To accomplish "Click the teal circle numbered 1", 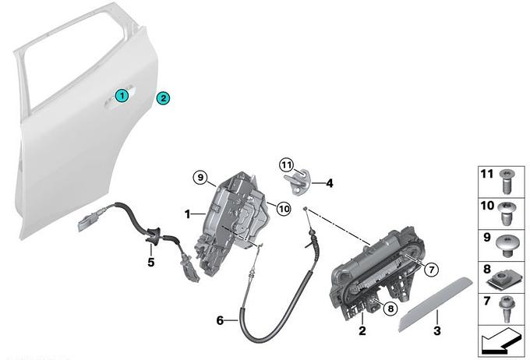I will click(121, 95).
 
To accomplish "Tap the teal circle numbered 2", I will click(163, 98).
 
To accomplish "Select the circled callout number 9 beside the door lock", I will click(200, 178).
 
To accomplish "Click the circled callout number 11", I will click(286, 165).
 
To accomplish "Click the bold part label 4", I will click(330, 184).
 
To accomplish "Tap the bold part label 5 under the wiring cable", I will click(151, 263).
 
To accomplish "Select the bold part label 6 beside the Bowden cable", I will click(220, 319).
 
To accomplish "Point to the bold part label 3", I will click(437, 331).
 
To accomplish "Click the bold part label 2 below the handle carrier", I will click(362, 331).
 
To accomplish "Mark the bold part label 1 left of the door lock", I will click(188, 212).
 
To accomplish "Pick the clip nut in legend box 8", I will click(507, 276).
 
